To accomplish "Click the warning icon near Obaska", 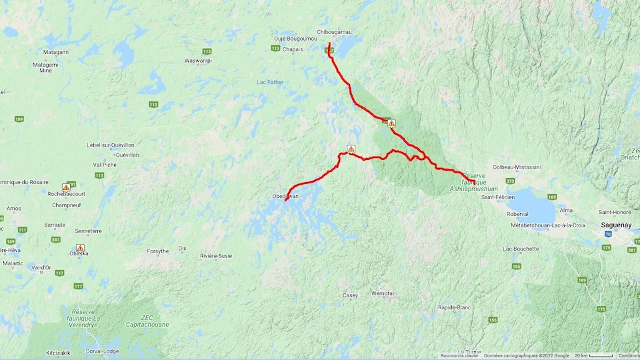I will (80, 248).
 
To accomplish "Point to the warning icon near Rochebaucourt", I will (66, 187).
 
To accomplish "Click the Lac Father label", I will (270, 82).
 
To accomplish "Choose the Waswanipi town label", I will (198, 61).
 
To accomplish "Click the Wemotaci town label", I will (383, 293).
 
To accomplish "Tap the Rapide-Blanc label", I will (455, 307).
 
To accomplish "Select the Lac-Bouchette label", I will (521, 249).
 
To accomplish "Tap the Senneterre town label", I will (88, 231).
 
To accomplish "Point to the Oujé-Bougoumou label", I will (295, 39).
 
